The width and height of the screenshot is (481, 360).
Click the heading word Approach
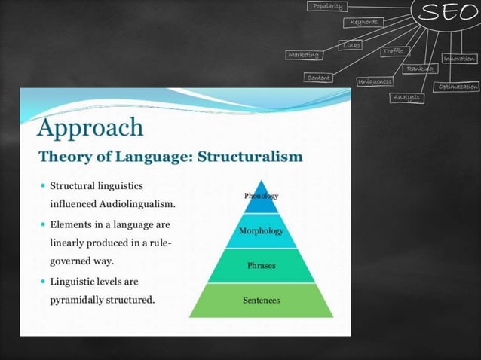point(90,127)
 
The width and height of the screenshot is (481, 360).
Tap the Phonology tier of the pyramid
point(261,196)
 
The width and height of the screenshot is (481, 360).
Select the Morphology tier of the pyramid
point(261,230)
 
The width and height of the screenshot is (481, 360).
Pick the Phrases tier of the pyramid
point(261,266)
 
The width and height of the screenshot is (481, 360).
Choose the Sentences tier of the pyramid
point(261,301)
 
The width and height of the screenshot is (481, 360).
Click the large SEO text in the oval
point(449,12)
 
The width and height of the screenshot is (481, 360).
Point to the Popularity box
point(328,6)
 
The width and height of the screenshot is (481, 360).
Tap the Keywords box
point(363,22)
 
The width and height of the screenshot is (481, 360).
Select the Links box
point(351,45)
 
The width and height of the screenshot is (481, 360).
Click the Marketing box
point(303,54)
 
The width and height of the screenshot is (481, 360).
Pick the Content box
point(319,78)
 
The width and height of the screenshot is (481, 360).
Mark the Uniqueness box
point(375,81)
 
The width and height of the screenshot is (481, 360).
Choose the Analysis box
point(407,98)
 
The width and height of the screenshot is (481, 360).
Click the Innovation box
point(459,58)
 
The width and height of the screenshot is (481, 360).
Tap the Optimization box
point(458,87)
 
